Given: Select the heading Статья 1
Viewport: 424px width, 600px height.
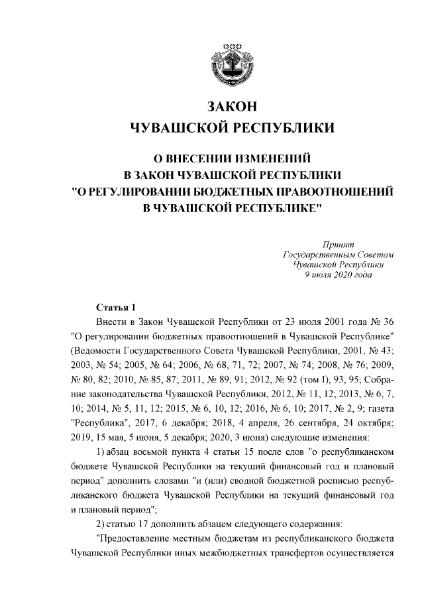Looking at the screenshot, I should [x=116, y=308].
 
